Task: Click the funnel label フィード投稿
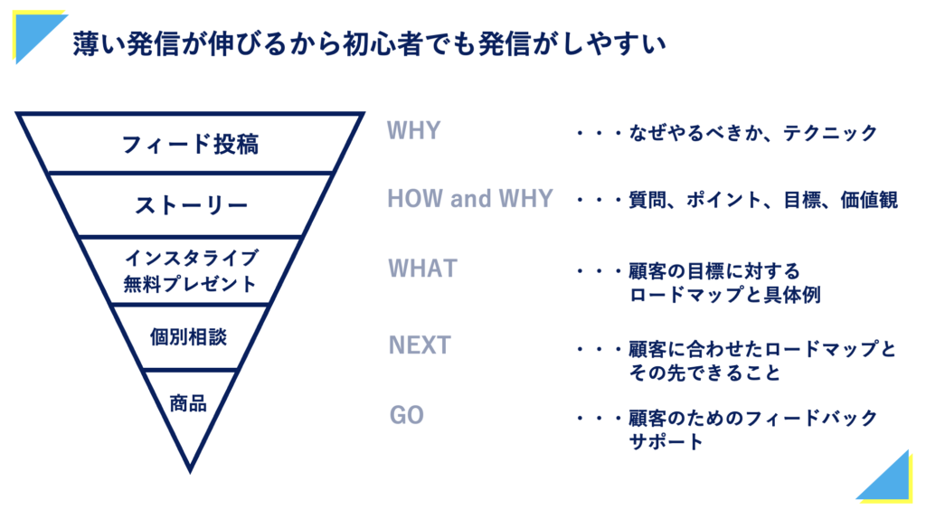(190, 144)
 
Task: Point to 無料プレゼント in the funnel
(190, 284)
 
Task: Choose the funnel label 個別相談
(188, 337)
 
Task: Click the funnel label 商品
(188, 404)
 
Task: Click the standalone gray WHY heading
(413, 130)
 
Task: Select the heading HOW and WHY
(470, 199)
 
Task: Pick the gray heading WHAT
(423, 269)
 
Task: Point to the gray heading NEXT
(420, 345)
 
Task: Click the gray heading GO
(406, 415)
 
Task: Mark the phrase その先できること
(704, 373)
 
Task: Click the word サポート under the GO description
(666, 441)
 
